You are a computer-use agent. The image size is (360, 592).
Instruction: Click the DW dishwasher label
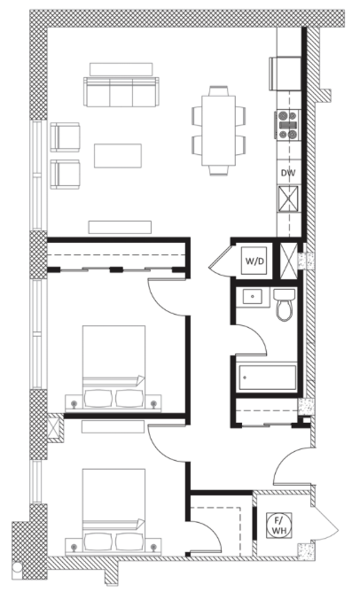click(x=288, y=174)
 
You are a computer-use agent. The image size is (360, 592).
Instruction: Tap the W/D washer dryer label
click(x=254, y=261)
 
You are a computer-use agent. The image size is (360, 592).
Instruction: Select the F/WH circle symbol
click(x=279, y=526)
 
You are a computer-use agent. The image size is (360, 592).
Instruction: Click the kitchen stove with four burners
click(x=288, y=125)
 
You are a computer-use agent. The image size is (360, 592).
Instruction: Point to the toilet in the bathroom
click(x=285, y=304)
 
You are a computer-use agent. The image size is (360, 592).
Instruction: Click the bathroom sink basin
click(x=252, y=296)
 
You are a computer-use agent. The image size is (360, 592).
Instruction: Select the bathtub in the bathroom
click(x=266, y=378)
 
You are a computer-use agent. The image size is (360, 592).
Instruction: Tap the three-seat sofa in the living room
click(x=121, y=92)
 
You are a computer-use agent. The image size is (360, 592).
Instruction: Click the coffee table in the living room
click(x=117, y=155)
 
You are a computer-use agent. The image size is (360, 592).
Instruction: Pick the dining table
click(x=219, y=130)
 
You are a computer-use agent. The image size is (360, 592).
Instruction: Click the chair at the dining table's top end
click(x=219, y=91)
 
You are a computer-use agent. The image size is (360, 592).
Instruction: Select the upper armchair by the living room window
click(x=66, y=137)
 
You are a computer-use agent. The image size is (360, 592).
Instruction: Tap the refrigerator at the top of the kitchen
click(x=286, y=74)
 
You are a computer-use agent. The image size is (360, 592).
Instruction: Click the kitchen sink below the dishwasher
click(x=288, y=198)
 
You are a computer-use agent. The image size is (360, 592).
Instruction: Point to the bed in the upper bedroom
click(x=113, y=367)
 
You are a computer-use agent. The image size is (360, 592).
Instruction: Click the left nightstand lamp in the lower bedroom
click(x=74, y=547)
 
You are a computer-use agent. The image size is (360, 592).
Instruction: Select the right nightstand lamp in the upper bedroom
click(x=153, y=404)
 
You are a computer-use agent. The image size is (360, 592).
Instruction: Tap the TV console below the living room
click(x=120, y=227)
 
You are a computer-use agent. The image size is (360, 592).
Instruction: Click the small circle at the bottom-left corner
click(x=16, y=566)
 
